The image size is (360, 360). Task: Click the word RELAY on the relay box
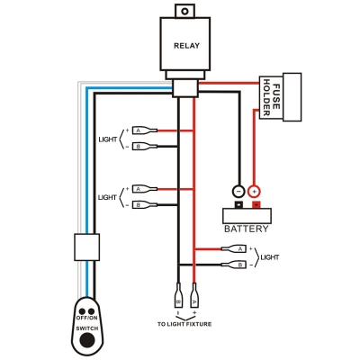click(x=186, y=46)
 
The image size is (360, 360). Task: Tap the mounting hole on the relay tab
click(x=185, y=12)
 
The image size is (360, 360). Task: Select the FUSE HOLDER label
click(x=271, y=97)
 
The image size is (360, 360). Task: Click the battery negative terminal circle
click(x=238, y=191)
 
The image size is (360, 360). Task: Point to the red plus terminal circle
click(x=255, y=191)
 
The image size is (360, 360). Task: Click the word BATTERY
click(x=247, y=229)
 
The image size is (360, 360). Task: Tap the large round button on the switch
click(x=87, y=339)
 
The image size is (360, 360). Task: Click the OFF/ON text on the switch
click(x=86, y=318)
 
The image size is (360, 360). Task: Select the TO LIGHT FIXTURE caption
click(x=184, y=324)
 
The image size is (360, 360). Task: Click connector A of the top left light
click(x=145, y=130)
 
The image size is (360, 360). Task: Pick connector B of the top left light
click(x=145, y=147)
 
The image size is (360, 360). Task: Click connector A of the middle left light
click(x=145, y=189)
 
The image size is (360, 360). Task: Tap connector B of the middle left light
click(x=145, y=205)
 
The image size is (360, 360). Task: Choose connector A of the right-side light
click(x=234, y=248)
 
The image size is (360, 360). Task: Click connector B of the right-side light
click(x=234, y=265)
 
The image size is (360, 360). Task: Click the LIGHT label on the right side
click(x=270, y=257)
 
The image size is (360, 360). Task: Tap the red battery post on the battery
click(x=256, y=204)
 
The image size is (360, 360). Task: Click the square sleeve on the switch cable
click(x=86, y=247)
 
